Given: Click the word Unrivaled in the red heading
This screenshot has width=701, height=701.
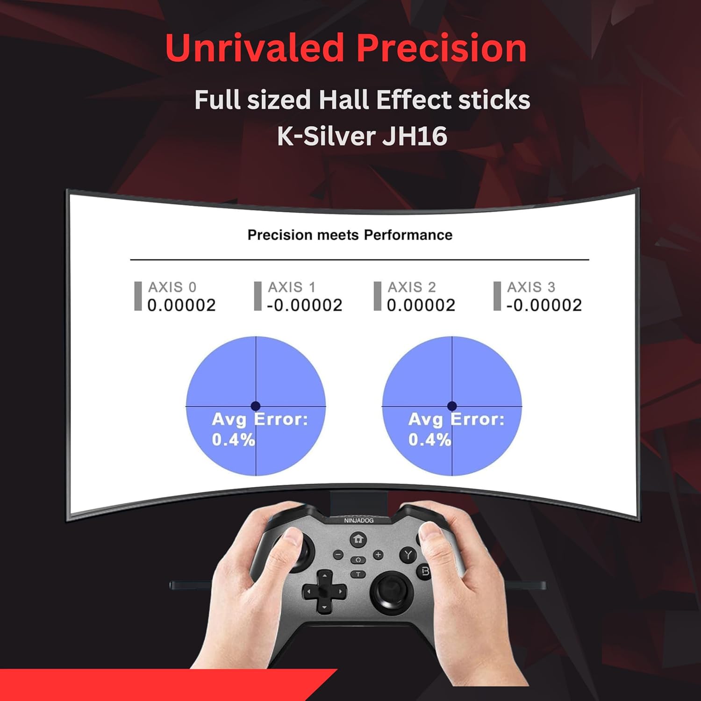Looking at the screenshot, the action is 255,48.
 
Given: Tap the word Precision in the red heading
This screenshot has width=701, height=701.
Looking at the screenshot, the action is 441,48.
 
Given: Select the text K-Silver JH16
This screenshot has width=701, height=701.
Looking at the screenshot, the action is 362,136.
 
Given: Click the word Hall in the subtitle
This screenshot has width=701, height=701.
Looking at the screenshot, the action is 344,100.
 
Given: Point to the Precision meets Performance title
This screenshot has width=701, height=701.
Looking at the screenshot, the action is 350,235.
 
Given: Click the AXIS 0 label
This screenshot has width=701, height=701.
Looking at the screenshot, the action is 172,287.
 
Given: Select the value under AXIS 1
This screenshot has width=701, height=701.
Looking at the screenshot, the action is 305,306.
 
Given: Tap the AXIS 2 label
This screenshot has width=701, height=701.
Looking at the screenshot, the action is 412,287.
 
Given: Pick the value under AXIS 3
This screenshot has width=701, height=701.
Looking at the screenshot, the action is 544,306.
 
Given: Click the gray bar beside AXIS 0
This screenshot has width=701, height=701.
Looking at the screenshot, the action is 138,296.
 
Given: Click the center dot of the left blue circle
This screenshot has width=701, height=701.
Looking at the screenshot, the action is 256,406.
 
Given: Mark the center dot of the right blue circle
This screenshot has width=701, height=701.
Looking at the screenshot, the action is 452,406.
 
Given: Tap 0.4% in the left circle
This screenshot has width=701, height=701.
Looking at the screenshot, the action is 233,440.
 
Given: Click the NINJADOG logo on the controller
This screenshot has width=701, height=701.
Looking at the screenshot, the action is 359,521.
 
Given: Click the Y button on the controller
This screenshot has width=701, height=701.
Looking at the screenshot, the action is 408,555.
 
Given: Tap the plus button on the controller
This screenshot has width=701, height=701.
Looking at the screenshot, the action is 378,555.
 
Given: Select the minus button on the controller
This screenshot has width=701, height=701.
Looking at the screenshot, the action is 338,555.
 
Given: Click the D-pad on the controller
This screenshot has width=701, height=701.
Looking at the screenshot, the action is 324,592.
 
